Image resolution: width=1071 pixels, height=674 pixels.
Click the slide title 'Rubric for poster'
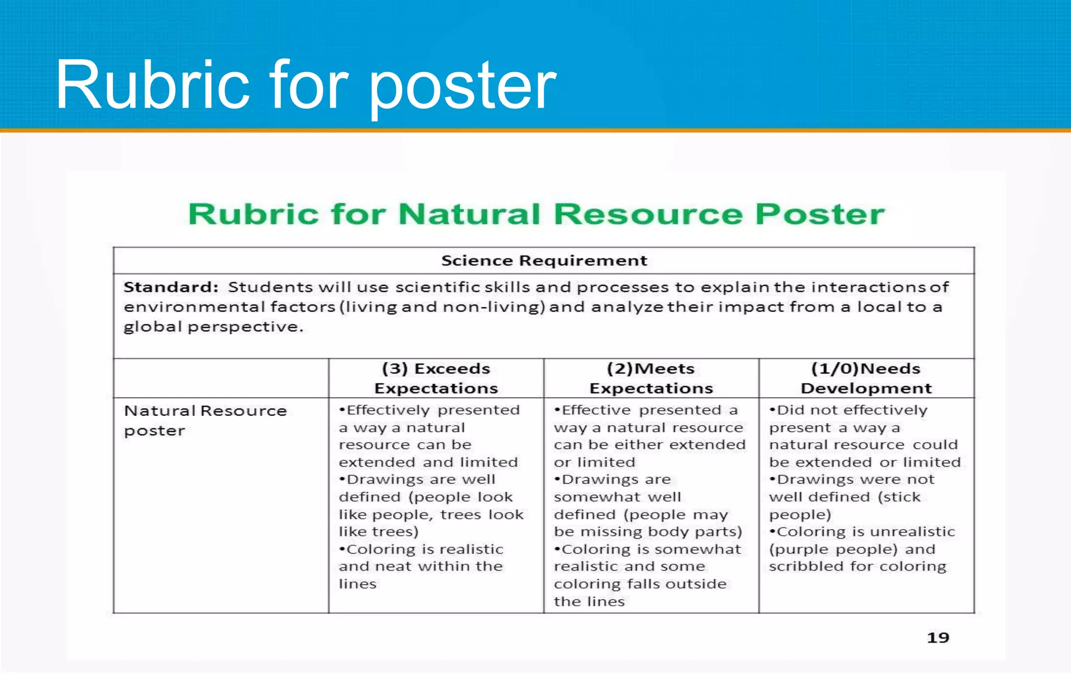point(306,85)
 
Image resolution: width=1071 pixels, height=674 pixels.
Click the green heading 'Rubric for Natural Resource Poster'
point(536,214)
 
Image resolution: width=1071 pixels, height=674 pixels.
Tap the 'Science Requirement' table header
point(544,260)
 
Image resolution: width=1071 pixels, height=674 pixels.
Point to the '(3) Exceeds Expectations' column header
point(436,378)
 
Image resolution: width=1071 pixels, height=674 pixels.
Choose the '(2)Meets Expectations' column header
point(651,378)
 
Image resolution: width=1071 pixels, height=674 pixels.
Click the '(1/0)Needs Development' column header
point(866,378)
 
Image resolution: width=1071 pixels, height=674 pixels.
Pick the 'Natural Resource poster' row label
point(205,421)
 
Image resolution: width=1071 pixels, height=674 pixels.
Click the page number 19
point(938,637)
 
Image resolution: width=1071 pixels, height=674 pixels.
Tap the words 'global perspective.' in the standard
point(213,327)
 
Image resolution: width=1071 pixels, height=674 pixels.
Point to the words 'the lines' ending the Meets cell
point(589,601)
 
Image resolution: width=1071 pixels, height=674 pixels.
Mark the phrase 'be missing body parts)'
point(648,532)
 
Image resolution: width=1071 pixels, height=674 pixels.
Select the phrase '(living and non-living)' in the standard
point(442,307)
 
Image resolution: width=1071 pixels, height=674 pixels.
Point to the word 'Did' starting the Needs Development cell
point(790,410)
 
